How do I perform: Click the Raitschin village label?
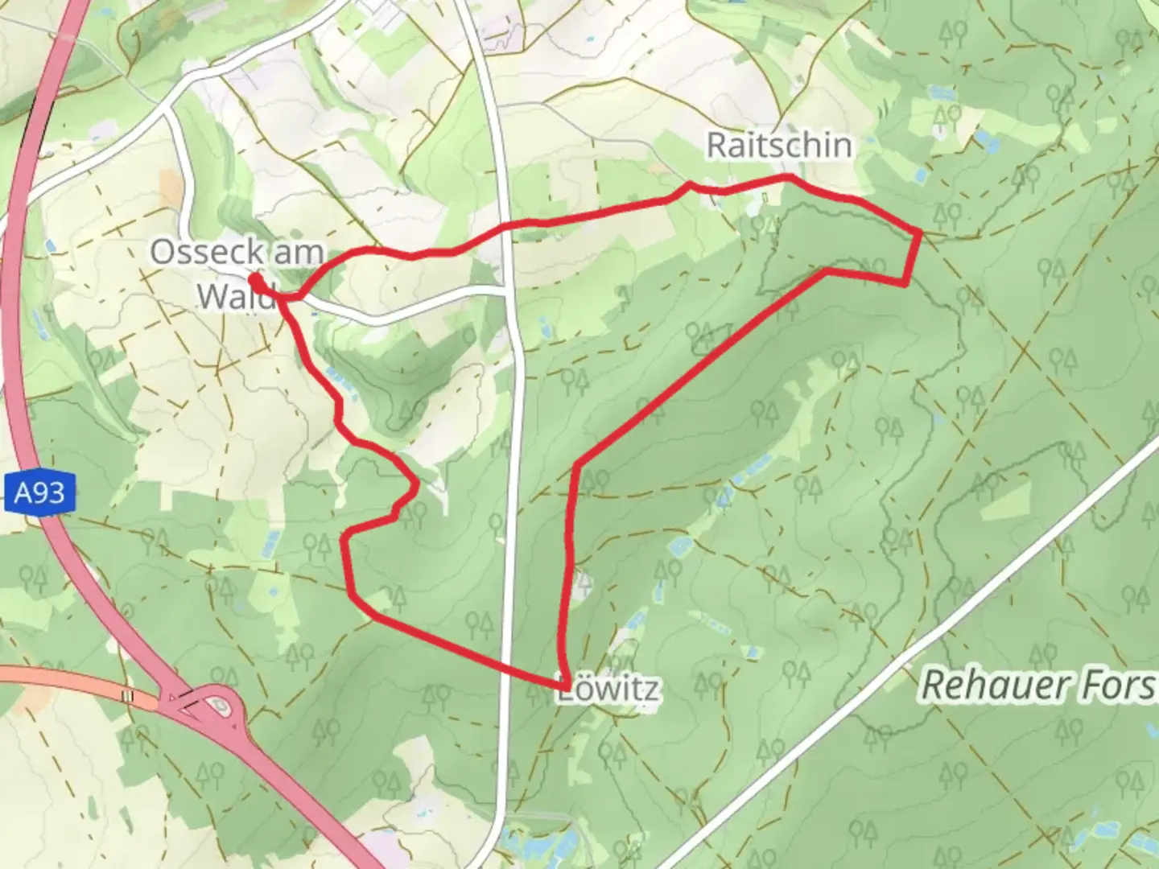click(778, 146)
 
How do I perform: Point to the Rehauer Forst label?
click(1038, 686)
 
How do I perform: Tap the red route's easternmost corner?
click(920, 232)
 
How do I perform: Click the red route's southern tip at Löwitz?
click(567, 685)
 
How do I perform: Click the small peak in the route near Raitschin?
click(689, 185)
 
